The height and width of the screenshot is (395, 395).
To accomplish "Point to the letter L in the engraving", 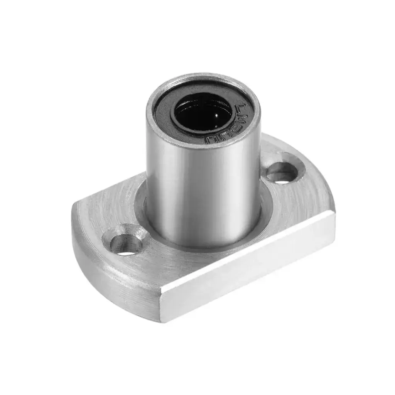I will pos(243,107).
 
